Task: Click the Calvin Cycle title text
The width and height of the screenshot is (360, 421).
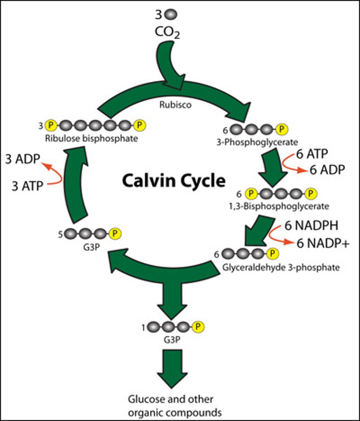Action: pyautogui.click(x=173, y=181)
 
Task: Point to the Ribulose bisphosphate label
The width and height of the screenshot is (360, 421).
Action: pyautogui.click(x=91, y=139)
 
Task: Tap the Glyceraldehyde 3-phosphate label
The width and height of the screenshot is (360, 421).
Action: pyautogui.click(x=281, y=268)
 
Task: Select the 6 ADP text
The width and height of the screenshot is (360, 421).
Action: pyautogui.click(x=327, y=170)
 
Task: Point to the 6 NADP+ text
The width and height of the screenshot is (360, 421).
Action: pyautogui.click(x=323, y=243)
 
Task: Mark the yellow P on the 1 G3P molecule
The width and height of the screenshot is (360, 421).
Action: pyautogui.click(x=198, y=327)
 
